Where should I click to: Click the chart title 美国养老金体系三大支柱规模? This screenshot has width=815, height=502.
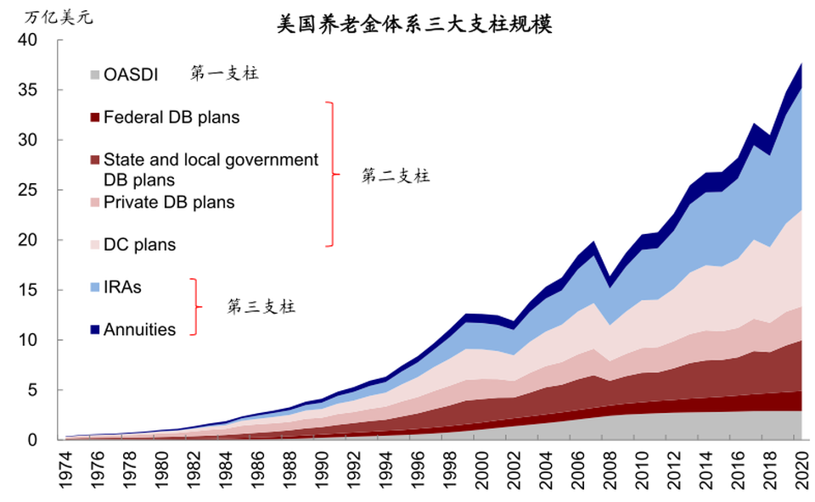[414, 25]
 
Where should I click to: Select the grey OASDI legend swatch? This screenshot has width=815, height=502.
[95, 75]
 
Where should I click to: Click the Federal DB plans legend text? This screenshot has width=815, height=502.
[171, 117]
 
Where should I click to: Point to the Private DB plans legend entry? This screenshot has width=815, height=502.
[169, 202]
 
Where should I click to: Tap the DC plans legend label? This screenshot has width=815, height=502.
[139, 245]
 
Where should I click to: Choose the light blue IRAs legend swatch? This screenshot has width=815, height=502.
[95, 287]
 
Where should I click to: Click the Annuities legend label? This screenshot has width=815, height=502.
[139, 330]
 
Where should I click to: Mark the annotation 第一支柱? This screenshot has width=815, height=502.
[224, 74]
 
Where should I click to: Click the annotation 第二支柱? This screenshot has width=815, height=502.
[396, 176]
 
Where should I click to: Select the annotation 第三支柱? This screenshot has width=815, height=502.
[261, 307]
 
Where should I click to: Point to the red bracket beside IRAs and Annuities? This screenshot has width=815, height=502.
[196, 307]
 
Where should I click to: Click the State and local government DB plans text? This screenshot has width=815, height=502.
[211, 170]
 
